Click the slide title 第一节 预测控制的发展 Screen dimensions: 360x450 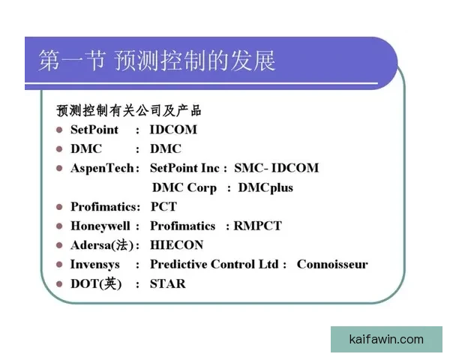tap(157, 61)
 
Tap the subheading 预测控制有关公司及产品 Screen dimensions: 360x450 tap(129, 110)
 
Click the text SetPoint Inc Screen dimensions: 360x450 tap(184, 168)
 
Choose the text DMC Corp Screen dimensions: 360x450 tap(184, 187)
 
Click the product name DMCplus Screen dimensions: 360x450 tap(265, 187)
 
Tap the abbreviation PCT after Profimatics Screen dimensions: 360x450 tap(163, 206)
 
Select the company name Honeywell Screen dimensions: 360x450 tap(100, 226)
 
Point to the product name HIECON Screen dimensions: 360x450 tap(176, 245)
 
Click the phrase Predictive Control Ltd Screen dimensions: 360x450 tap(214, 264)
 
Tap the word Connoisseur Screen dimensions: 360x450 tap(332, 264)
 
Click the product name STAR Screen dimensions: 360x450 tap(167, 283)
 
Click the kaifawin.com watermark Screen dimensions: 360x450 tap(386, 339)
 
